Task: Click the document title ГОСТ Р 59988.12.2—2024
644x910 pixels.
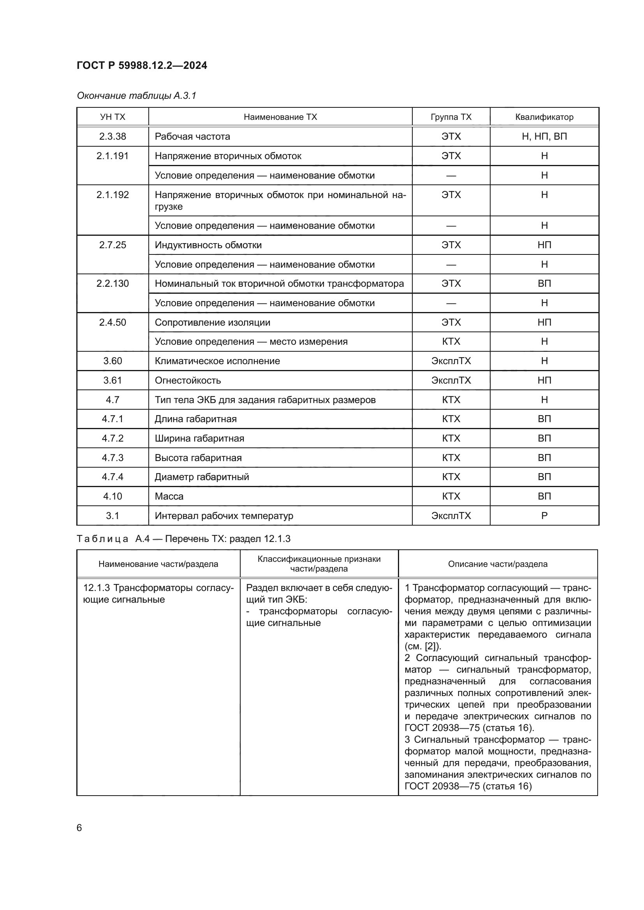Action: click(x=142, y=65)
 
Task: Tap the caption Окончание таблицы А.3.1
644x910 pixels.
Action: click(x=136, y=96)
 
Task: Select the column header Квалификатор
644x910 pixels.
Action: click(x=544, y=117)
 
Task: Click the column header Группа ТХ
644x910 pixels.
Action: click(x=451, y=117)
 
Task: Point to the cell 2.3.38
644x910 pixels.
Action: click(x=113, y=136)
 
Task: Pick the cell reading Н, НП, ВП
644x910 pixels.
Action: click(x=544, y=136)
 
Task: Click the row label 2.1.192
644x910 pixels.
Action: click(x=113, y=195)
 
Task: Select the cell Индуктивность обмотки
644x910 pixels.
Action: click(x=208, y=245)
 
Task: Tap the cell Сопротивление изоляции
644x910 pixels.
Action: click(x=213, y=322)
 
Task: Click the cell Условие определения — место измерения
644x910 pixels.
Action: click(x=251, y=342)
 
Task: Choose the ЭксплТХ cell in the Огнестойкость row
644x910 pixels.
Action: click(x=451, y=380)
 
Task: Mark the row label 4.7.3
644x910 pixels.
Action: click(x=113, y=458)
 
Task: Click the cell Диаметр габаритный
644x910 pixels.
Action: click(x=202, y=477)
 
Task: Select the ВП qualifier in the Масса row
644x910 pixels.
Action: click(x=544, y=496)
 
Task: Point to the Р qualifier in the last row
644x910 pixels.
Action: click(x=544, y=515)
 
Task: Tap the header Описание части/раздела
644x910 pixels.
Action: click(x=498, y=564)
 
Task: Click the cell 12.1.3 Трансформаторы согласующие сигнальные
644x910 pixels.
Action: click(x=158, y=593)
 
